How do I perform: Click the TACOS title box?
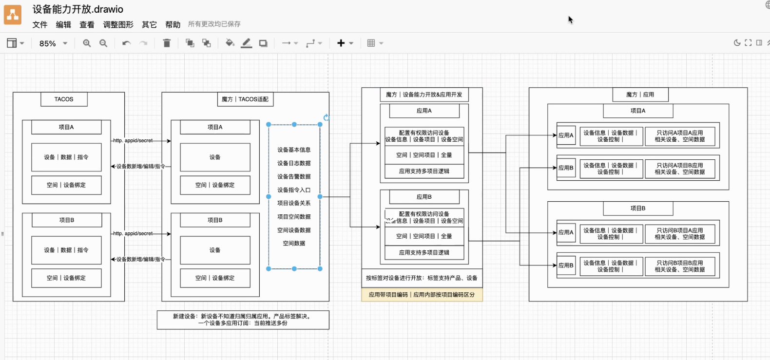[64, 99]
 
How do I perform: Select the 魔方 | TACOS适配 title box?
[245, 99]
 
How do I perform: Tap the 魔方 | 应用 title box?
[640, 95]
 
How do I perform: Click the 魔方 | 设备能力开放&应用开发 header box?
[423, 95]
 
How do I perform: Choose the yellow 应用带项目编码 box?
[422, 295]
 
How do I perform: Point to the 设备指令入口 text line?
[294, 190]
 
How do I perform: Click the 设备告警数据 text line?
[294, 176]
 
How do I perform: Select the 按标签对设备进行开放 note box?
[422, 278]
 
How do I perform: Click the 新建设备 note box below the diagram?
[243, 320]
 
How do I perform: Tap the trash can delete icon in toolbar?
[167, 43]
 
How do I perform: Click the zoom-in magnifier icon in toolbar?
[87, 43]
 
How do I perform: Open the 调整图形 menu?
[118, 24]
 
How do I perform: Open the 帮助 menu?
[173, 24]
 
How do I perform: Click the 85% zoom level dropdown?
[53, 43]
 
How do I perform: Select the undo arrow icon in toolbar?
[127, 43]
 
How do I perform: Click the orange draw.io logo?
[13, 15]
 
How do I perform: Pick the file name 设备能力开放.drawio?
[78, 9]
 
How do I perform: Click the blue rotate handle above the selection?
[326, 117]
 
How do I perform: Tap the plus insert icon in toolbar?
[341, 43]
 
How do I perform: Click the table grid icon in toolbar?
[371, 43]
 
